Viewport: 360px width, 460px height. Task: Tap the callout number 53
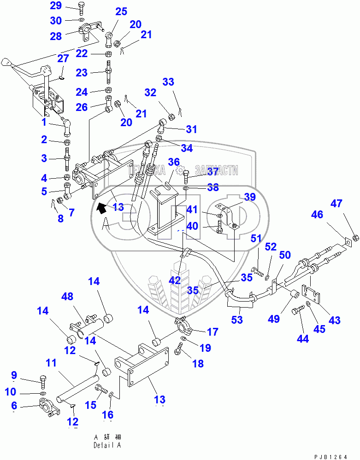237,320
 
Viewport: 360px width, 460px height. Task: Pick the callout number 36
173,162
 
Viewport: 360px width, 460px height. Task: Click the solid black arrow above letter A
99,208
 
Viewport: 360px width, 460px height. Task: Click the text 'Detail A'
107,446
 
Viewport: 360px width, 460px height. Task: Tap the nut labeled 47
356,238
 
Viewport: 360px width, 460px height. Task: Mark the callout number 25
121,12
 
